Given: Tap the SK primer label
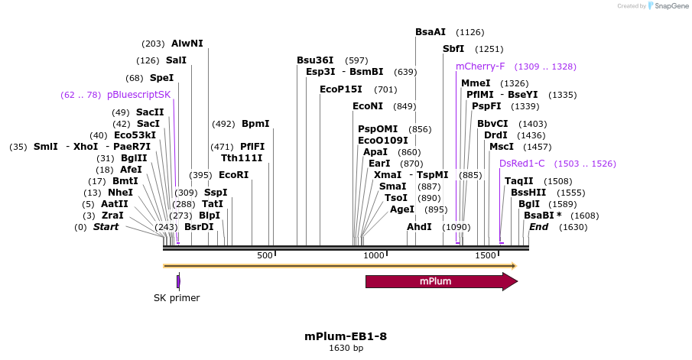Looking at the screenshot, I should click(x=177, y=298).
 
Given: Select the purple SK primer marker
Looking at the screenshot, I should click(x=178, y=281).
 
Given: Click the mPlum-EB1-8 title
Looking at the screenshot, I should click(x=346, y=336).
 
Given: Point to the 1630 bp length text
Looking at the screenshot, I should click(x=346, y=349).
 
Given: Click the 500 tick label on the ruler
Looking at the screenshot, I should click(x=265, y=255).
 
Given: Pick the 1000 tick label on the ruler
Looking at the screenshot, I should click(x=375, y=255).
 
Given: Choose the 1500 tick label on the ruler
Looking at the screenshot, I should click(x=486, y=255).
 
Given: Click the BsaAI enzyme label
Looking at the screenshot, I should click(x=430, y=32).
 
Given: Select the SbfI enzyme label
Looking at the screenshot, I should click(x=453, y=49).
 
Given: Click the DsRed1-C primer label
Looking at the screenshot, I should click(x=521, y=164).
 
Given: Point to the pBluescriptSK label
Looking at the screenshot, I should click(x=138, y=95).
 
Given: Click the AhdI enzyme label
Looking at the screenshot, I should click(x=419, y=227).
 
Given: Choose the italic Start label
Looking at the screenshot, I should click(x=106, y=227).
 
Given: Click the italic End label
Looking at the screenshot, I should click(x=539, y=227).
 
